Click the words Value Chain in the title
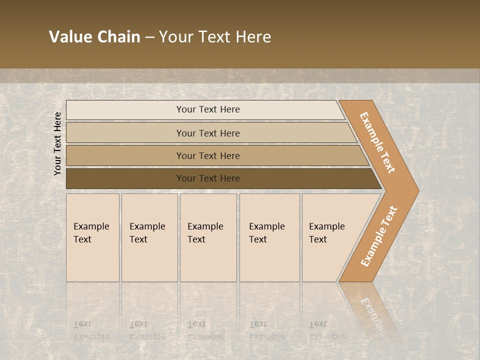coord(94,37)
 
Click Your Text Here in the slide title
coord(215,37)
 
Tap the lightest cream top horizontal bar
coord(125,110)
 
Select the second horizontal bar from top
coord(125,133)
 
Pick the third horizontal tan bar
coord(125,156)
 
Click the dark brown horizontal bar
coord(125,178)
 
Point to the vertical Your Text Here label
coord(58,143)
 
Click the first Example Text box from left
coord(92,237)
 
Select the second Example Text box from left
coord(149,237)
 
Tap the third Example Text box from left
coord(208,237)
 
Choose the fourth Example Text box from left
coord(269,237)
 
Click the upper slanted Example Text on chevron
coord(377,142)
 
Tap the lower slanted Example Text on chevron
coord(379,236)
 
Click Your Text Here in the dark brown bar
coord(208,178)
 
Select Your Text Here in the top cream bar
coord(208,109)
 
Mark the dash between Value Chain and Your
coord(149,37)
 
